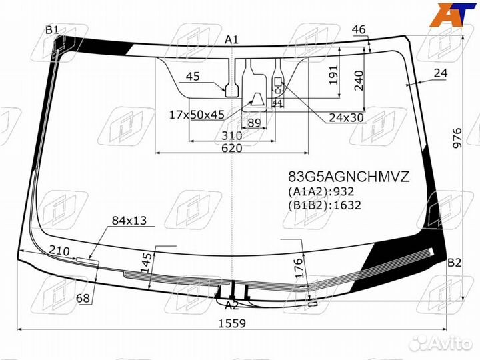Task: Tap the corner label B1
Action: (x=52, y=29)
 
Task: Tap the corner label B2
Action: (x=454, y=262)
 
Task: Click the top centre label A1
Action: (x=231, y=40)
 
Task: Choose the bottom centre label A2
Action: (x=231, y=306)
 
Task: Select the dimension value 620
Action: (x=231, y=149)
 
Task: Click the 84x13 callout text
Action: (x=129, y=220)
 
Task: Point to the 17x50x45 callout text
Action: (x=197, y=115)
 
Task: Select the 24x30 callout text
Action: (x=346, y=118)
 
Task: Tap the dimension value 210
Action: (x=59, y=250)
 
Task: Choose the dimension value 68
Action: (x=83, y=299)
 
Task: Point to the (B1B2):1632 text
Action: (x=325, y=205)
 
